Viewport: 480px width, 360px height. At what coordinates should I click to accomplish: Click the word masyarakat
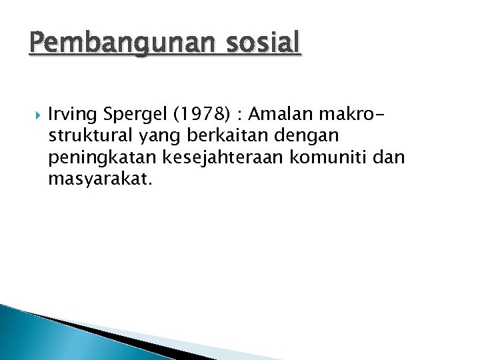coord(100,178)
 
